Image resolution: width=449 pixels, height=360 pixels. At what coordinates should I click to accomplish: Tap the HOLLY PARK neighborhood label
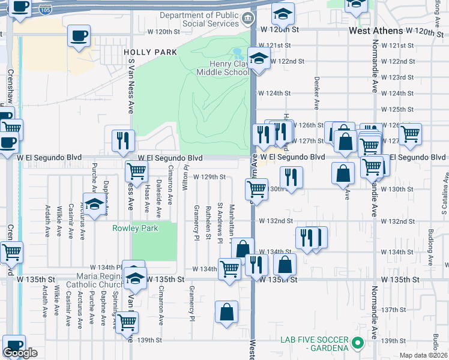click(x=151, y=52)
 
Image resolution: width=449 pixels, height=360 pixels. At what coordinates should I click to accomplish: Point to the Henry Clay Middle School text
click(x=223, y=68)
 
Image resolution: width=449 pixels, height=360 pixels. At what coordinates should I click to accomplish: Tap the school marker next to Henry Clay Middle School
click(x=258, y=60)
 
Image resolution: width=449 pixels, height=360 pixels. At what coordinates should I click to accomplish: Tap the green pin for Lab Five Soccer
click(x=358, y=343)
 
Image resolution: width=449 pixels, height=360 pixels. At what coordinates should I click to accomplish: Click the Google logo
click(x=20, y=353)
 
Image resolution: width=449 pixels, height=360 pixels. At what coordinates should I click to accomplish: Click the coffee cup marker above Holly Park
click(x=79, y=36)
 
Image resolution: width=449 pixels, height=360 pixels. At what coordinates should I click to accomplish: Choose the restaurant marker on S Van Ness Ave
click(x=122, y=140)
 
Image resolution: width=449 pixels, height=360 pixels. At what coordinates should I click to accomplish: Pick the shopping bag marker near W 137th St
click(x=227, y=312)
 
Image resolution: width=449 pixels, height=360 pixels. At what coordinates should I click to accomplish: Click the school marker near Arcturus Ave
click(x=94, y=205)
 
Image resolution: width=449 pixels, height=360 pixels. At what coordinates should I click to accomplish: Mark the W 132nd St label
click(x=276, y=221)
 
